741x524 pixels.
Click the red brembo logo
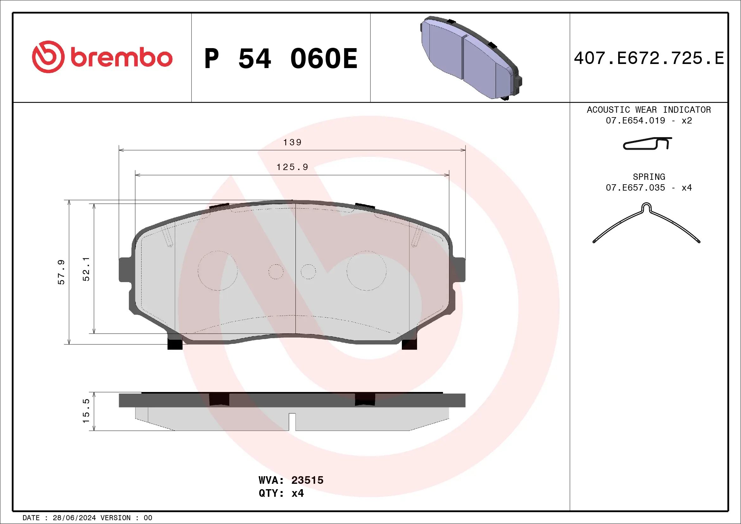click(x=102, y=57)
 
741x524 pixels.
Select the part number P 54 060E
click(x=281, y=58)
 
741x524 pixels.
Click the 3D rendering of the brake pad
click(x=471, y=57)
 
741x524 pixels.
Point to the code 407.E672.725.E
click(x=649, y=58)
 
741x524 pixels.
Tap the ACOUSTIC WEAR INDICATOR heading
click(x=649, y=110)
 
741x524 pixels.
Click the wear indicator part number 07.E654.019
click(x=635, y=121)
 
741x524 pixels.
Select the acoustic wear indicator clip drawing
click(x=647, y=143)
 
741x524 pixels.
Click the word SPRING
click(x=649, y=177)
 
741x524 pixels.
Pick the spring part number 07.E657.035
click(x=635, y=188)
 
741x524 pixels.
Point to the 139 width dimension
click(x=292, y=142)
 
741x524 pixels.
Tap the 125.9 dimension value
click(x=292, y=167)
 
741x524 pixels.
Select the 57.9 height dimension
click(x=61, y=272)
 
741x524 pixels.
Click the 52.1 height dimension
click(x=86, y=269)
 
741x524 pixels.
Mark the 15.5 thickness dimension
click(x=86, y=411)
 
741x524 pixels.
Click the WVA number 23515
click(x=307, y=480)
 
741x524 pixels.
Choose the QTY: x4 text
click(x=281, y=493)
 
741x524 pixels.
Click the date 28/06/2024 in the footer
click(x=74, y=518)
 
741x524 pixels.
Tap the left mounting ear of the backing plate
click(x=125, y=270)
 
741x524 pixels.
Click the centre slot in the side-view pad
click(x=292, y=421)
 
